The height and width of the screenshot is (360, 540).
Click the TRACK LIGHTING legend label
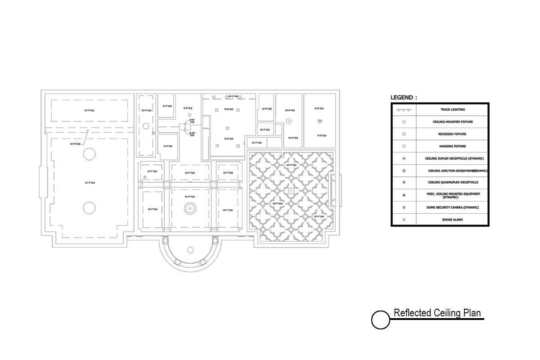coord(452,110)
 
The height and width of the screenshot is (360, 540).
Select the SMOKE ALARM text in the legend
coord(452,220)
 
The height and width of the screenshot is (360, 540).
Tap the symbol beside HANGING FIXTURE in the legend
coord(404,146)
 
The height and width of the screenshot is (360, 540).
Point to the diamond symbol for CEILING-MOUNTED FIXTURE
coord(404,122)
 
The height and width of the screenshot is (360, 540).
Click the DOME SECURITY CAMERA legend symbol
coord(404,207)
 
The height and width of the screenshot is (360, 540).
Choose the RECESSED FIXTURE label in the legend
coord(452,134)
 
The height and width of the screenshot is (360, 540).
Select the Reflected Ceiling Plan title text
coord(437,313)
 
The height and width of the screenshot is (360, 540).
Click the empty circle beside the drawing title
coord(380,320)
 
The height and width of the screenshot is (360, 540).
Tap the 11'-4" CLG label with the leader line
coord(75,144)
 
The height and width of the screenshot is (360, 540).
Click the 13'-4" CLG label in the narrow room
coord(146,110)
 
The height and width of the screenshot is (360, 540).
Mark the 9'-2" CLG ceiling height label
coord(167,146)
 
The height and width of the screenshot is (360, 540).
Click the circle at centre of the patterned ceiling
coord(291,191)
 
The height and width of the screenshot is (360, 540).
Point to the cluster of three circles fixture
coord(319,121)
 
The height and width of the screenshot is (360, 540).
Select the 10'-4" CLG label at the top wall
coord(233,96)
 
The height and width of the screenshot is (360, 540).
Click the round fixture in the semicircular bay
coord(190,250)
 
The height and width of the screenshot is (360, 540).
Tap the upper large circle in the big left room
coord(89,154)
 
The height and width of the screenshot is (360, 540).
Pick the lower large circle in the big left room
coord(89,208)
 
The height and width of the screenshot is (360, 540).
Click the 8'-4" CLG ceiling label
coord(167,106)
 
